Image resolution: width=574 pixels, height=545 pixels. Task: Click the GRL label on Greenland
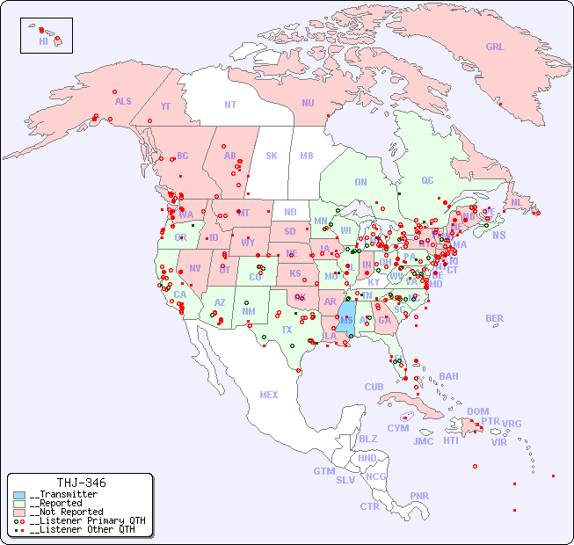[x=495, y=47]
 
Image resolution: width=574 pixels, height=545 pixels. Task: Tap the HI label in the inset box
[x=43, y=41]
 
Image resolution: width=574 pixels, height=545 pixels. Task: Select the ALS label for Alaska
[x=123, y=101]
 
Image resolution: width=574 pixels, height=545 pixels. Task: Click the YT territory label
[x=165, y=106]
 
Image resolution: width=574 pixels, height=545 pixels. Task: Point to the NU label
[x=308, y=103]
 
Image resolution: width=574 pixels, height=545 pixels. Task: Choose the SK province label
[x=272, y=156]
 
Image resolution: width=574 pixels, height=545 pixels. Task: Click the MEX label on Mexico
[x=269, y=395]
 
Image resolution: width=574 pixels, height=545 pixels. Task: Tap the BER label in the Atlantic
[x=494, y=318]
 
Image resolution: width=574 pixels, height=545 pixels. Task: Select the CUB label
[x=374, y=387]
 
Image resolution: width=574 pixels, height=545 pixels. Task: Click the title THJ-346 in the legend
[x=81, y=483]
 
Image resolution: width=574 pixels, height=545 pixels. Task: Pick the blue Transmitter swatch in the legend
[x=19, y=495]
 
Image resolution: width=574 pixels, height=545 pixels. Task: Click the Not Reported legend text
[x=66, y=512]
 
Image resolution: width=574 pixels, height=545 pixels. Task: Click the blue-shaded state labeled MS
[x=348, y=320]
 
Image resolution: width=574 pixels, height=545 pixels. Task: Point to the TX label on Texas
[x=287, y=330]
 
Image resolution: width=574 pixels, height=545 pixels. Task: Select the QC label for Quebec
[x=427, y=180]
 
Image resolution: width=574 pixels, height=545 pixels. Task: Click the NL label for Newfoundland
[x=516, y=202]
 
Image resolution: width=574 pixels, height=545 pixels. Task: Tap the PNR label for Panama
[x=419, y=496]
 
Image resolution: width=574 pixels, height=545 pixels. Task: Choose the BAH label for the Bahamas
[x=448, y=376]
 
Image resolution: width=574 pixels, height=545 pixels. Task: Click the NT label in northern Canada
[x=230, y=104]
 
